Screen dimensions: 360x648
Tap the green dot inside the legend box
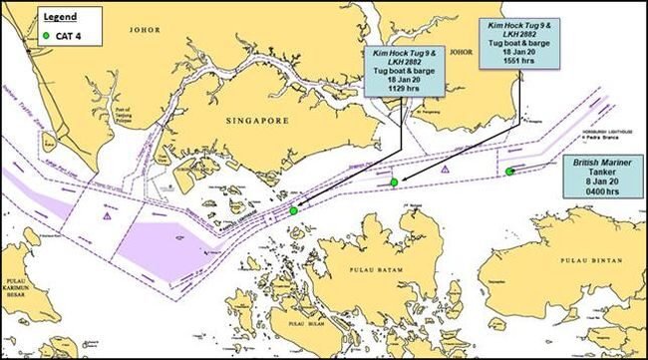pyautogui.click(x=47, y=37)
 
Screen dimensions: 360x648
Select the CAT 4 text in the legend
pyautogui.click(x=73, y=37)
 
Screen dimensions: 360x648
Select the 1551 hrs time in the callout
pyautogui.click(x=519, y=62)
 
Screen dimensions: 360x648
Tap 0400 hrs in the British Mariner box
pyautogui.click(x=599, y=190)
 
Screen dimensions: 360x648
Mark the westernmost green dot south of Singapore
pyautogui.click(x=293, y=211)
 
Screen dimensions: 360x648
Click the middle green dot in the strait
pyautogui.click(x=395, y=181)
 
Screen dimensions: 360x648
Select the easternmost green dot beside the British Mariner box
pyautogui.click(x=509, y=171)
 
